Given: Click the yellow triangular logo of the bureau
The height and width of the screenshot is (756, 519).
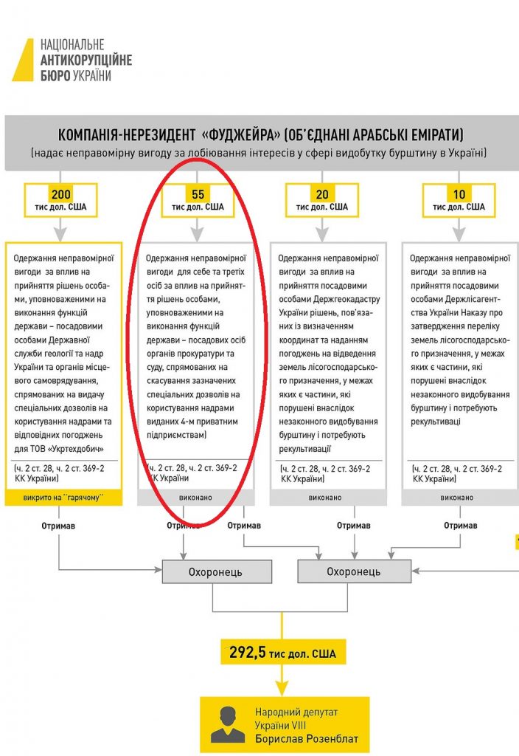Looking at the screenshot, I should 24,61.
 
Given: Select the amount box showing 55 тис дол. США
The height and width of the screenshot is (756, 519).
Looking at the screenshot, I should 198,200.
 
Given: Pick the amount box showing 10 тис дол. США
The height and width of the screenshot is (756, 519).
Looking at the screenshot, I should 459,200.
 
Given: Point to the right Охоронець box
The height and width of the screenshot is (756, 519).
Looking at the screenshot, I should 354,571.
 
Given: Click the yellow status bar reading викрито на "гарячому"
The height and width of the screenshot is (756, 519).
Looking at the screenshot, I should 62,498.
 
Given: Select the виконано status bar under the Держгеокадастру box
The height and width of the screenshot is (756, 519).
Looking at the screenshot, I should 327,498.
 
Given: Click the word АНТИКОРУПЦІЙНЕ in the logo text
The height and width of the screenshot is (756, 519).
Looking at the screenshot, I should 86,61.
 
